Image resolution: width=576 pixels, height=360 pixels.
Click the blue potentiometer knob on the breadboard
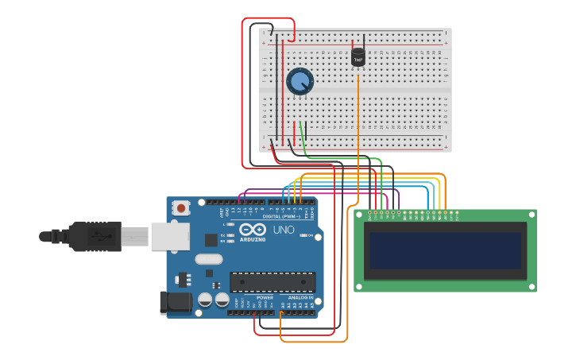(300, 81)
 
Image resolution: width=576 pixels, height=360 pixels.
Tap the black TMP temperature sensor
(358, 58)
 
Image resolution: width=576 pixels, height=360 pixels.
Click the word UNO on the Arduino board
(284, 230)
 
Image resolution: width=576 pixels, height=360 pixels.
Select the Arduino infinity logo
(252, 230)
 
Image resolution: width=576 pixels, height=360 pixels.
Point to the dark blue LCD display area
(445, 250)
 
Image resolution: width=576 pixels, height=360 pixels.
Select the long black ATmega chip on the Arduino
(272, 281)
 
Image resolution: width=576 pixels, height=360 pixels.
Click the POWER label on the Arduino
(265, 297)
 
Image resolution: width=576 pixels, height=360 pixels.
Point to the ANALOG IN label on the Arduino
(300, 297)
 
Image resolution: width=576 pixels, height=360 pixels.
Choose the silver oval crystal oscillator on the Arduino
(208, 258)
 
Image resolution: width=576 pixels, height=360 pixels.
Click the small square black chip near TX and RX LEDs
(211, 239)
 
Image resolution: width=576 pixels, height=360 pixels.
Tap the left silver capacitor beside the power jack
(205, 300)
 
